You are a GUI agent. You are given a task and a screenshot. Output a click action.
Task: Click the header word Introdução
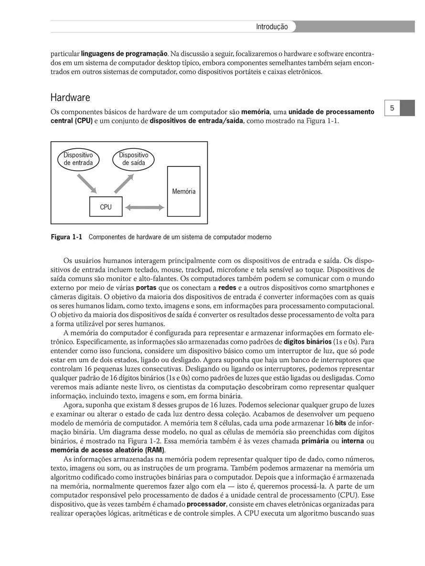(272, 27)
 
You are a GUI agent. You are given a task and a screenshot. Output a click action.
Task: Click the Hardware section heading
(70, 98)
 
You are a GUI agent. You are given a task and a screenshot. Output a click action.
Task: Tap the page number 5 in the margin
(392, 108)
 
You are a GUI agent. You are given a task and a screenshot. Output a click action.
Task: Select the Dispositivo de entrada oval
(78, 159)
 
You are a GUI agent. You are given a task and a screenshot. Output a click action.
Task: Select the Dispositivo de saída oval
(133, 159)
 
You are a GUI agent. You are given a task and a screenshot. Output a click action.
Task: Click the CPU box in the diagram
(106, 207)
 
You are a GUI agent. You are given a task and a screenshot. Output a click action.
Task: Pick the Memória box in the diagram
(183, 191)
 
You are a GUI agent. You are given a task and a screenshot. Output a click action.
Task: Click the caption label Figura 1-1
(67, 237)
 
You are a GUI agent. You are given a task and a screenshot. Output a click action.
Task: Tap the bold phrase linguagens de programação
(124, 52)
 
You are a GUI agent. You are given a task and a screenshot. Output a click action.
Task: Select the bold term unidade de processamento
(331, 112)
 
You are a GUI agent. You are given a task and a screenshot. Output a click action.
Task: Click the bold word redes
(227, 288)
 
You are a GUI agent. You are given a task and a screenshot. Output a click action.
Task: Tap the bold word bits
(340, 423)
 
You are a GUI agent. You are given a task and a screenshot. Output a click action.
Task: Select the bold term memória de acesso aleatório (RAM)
(107, 450)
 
